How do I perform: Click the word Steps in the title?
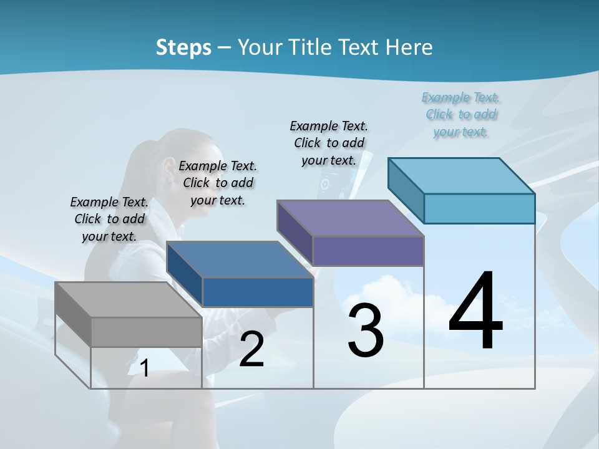tap(183, 47)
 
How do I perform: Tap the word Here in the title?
tap(409, 47)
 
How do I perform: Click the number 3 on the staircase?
tap(365, 331)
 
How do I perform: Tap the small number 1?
tap(145, 368)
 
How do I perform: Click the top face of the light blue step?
tap(462, 175)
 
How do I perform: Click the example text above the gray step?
tap(109, 219)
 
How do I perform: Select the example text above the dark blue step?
tap(218, 183)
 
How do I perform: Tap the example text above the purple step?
tap(329, 143)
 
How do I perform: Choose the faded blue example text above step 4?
tap(461, 114)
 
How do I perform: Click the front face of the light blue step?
tap(479, 208)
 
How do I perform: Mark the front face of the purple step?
tap(368, 251)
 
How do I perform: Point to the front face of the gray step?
tap(146, 332)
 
